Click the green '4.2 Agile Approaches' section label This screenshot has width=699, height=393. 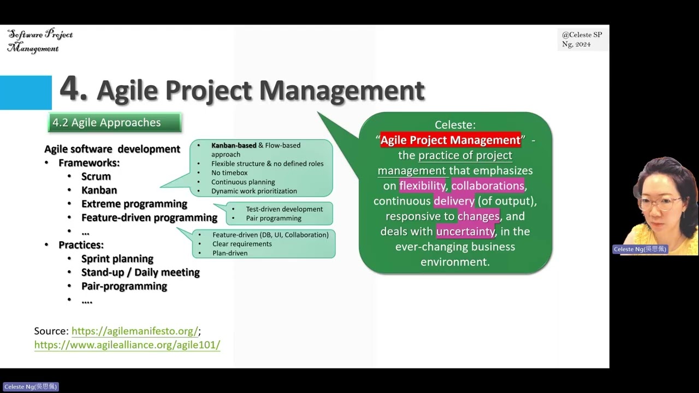[114, 123]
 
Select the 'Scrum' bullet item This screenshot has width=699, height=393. [96, 176]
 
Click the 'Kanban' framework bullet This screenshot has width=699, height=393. [99, 190]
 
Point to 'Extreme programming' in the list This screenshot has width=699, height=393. [134, 204]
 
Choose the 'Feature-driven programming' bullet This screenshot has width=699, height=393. [149, 217]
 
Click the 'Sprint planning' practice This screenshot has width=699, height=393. [117, 259]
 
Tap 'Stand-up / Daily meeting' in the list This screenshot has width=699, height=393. [140, 272]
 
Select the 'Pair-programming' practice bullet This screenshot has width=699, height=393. [124, 286]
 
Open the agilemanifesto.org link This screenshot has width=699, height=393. [134, 331]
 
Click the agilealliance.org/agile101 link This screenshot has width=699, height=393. [127, 345]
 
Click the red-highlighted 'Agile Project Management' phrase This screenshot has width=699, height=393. [451, 140]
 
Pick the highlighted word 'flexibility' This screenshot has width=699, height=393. [422, 186]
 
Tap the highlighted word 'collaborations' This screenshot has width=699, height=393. [488, 186]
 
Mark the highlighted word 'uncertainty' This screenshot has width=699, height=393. [465, 231]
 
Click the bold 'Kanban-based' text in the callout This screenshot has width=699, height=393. [234, 145]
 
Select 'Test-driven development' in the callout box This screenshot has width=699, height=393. [284, 209]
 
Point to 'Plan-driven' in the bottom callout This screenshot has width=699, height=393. [230, 253]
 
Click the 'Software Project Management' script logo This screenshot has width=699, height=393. [40, 41]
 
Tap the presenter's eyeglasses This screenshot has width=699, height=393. [660, 203]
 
